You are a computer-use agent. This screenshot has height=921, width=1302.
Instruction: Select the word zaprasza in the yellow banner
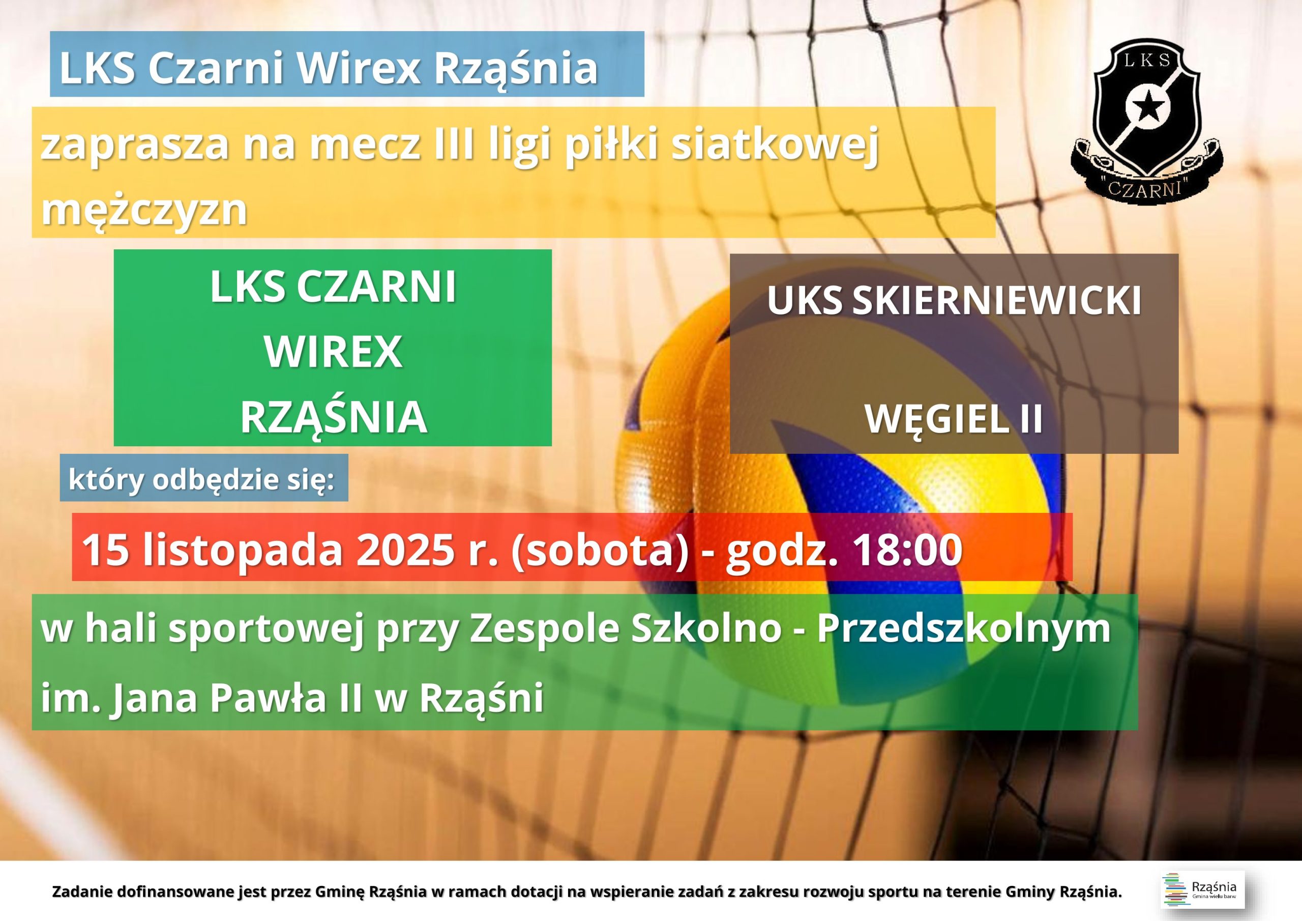point(134,145)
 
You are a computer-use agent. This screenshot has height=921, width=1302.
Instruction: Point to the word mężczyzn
point(144,209)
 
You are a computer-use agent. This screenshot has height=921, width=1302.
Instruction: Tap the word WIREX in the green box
point(333,352)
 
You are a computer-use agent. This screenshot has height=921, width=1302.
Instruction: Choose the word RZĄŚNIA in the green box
point(333,417)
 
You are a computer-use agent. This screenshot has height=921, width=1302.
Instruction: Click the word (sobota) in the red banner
point(600,550)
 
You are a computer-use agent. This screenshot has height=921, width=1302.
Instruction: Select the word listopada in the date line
point(242,550)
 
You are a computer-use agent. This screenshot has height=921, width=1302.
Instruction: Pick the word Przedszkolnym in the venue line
point(963,629)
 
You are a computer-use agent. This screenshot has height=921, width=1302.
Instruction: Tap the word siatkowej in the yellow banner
point(774,145)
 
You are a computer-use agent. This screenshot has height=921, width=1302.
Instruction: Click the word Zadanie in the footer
point(83,891)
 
